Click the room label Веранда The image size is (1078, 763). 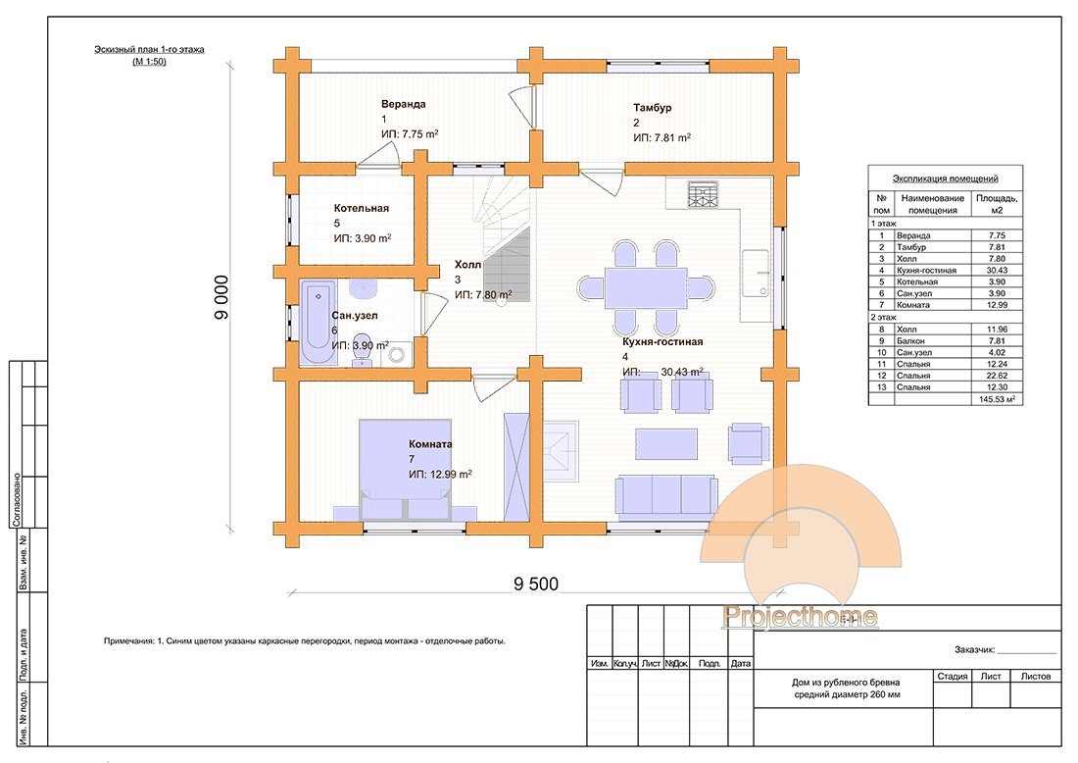point(404,103)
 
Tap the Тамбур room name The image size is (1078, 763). point(652,107)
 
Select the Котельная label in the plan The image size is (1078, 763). point(362,208)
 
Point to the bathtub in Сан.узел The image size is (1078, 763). point(317,324)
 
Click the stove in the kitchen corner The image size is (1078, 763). point(703,195)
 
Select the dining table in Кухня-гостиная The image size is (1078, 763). point(645,287)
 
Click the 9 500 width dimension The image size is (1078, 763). point(535,585)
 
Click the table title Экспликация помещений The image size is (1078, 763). point(945,178)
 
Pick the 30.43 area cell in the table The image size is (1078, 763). point(994,269)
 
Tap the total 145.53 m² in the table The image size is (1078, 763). point(994,399)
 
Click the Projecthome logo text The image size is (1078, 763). point(800,616)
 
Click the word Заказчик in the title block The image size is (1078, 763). point(973,649)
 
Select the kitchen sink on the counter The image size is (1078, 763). point(755,272)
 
